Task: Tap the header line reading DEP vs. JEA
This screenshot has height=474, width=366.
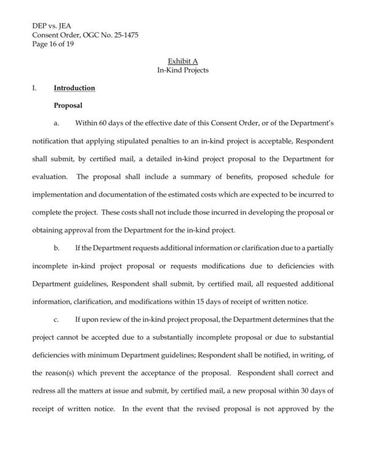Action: coord(52,27)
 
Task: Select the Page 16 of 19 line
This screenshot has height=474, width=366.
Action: coord(54,44)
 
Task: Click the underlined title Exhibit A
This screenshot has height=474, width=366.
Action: coord(183,62)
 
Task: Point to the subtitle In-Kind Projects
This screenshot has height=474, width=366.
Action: coord(183,70)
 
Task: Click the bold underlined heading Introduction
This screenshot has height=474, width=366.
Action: coord(74,88)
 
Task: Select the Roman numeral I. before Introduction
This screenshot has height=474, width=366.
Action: coord(35,88)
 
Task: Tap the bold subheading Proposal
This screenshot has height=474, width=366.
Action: coord(68,106)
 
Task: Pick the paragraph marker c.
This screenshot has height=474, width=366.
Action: coord(57,318)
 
